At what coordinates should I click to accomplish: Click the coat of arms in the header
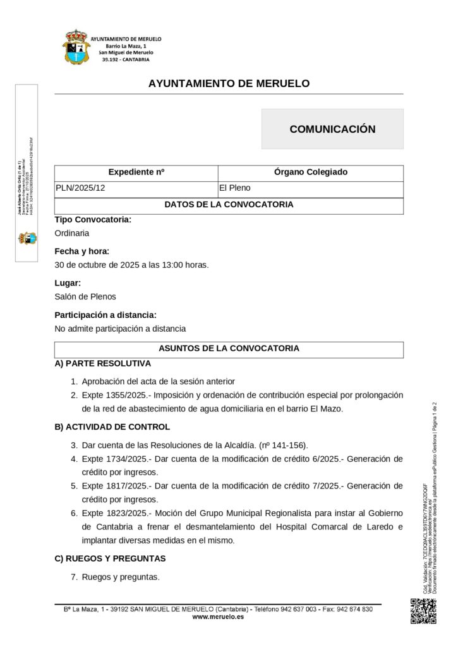[75, 47]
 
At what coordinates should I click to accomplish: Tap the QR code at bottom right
[423, 610]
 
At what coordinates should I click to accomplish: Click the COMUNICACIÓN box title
[332, 129]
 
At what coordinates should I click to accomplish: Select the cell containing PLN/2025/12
[80, 188]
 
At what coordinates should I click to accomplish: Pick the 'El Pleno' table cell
[234, 188]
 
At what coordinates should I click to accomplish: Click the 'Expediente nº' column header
[136, 172]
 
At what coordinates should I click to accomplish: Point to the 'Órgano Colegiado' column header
[311, 172]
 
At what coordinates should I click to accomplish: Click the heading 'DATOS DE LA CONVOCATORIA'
[229, 205]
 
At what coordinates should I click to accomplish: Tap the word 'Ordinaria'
[72, 233]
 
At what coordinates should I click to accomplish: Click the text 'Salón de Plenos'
[85, 296]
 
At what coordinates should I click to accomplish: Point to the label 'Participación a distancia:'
[105, 315]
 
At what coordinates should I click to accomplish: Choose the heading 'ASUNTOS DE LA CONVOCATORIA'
[229, 348]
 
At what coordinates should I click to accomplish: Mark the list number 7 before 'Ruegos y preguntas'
[74, 576]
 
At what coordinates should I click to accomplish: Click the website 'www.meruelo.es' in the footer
[218, 617]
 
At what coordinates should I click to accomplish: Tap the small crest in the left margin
[27, 238]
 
